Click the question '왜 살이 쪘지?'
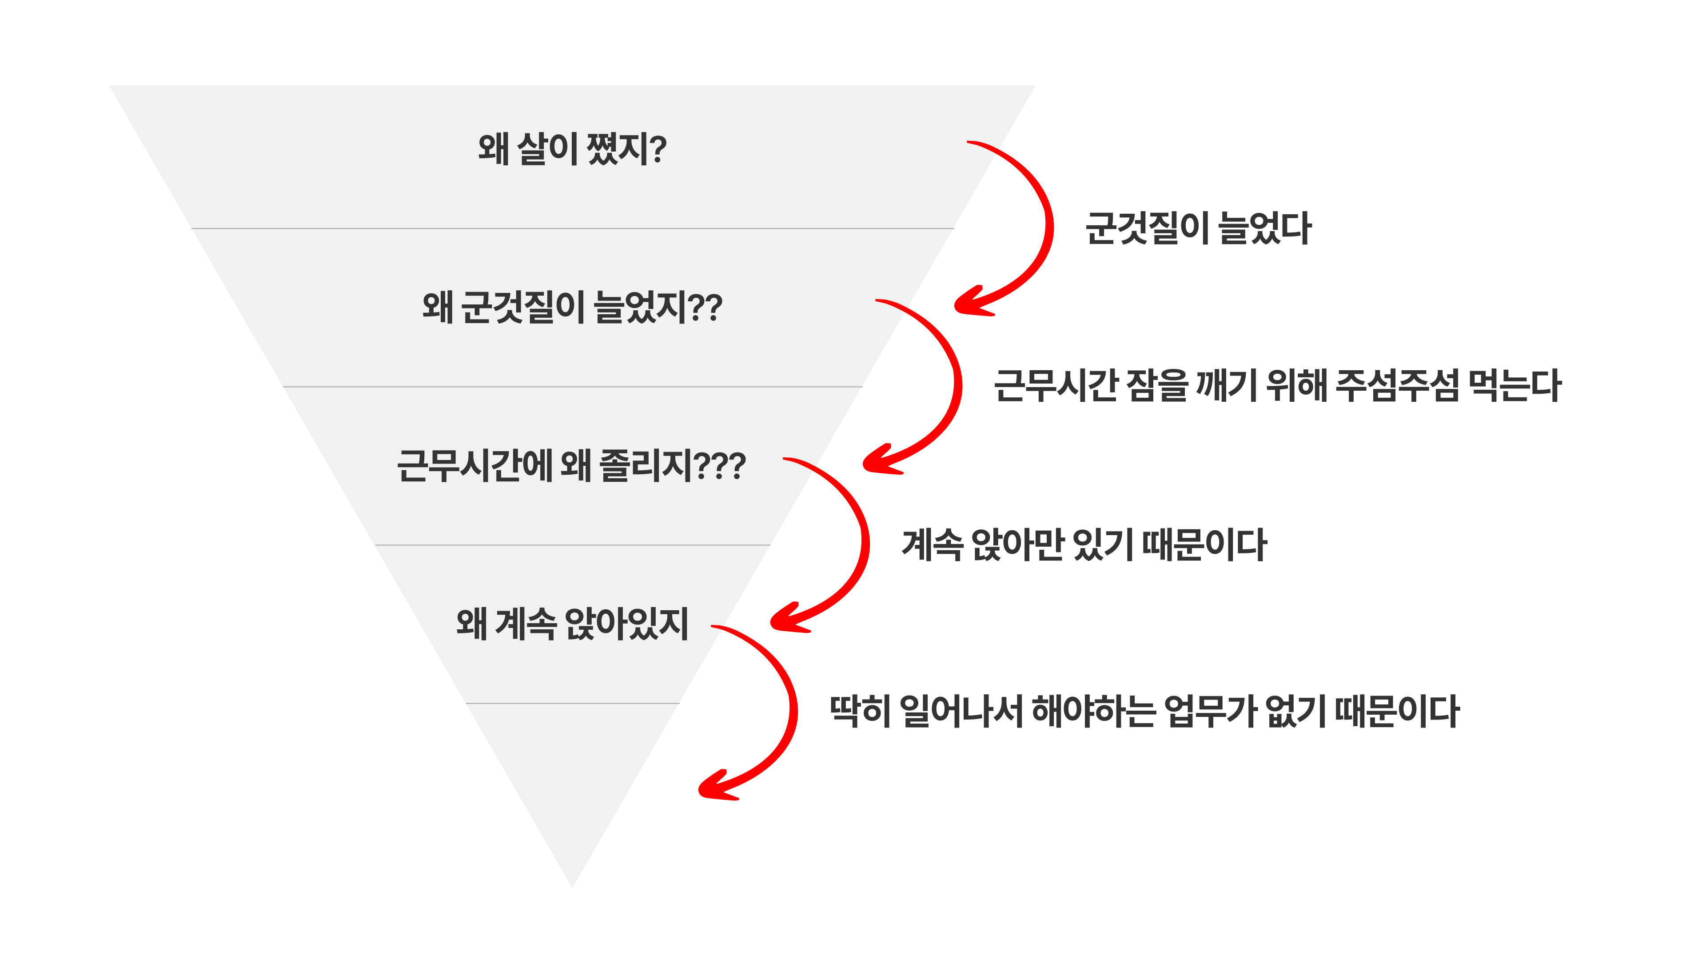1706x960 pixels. pyautogui.click(x=572, y=148)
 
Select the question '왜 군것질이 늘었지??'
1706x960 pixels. pyautogui.click(x=572, y=308)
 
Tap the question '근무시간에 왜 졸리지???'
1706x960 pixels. pyautogui.click(x=571, y=466)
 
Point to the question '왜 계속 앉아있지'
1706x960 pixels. pyautogui.click(x=572, y=624)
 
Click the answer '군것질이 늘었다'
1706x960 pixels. pyautogui.click(x=1198, y=228)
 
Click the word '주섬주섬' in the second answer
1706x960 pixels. pyautogui.click(x=1397, y=386)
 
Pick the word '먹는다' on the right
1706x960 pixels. pyautogui.click(x=1515, y=386)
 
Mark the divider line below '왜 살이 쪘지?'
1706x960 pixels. pyautogui.click(x=572, y=228)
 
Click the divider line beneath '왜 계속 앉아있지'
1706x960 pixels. pyautogui.click(x=572, y=704)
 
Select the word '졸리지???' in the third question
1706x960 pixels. pyautogui.click(x=672, y=466)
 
